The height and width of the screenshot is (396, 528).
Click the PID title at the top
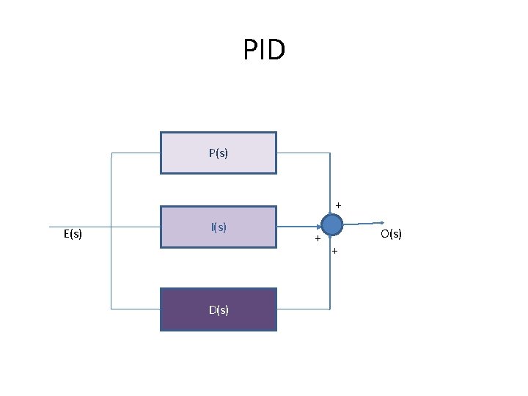coord(264,51)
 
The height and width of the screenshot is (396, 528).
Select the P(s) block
coord(219,153)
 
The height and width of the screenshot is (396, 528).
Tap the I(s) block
coord(219,227)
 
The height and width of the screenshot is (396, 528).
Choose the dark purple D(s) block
coord(219,309)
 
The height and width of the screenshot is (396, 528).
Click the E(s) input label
coord(73,235)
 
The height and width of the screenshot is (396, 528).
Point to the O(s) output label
coord(390,234)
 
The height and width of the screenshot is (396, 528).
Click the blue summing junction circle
coord(331,224)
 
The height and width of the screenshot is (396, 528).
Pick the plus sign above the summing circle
coord(338,204)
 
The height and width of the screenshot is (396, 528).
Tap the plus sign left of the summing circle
coord(318,239)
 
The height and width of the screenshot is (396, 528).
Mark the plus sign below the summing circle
coord(334,252)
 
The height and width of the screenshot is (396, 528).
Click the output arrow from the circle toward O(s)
coord(363,223)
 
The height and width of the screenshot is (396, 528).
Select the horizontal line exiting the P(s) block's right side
coord(303,153)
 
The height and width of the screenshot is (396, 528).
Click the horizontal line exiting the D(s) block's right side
coord(303,309)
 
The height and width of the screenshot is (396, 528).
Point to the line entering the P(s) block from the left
coord(136,153)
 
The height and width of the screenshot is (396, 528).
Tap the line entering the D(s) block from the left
coord(136,309)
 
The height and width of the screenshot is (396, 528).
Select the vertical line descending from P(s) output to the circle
coord(331,183)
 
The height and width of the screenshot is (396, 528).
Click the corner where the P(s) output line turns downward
coord(330,153)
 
